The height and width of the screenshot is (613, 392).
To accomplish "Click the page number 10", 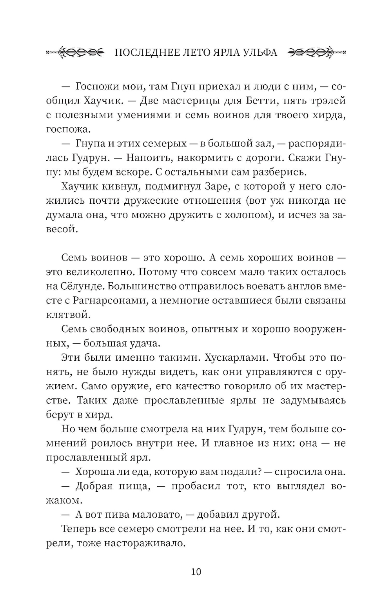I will coord(196,571).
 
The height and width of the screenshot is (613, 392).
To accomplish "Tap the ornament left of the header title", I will coord(74,52).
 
